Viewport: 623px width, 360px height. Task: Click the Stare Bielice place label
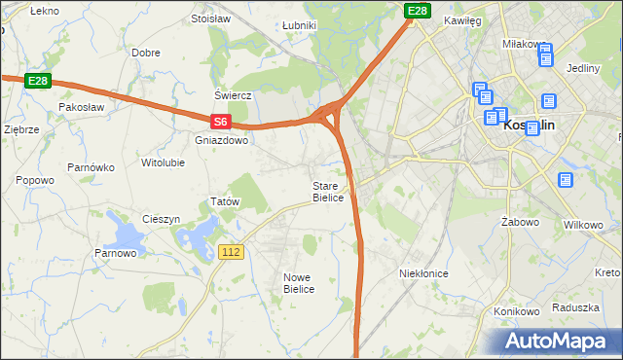click(x=328, y=192)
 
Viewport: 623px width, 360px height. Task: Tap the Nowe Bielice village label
click(x=299, y=283)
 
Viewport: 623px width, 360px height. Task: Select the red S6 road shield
click(x=221, y=122)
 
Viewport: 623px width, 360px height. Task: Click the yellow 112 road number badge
click(x=231, y=252)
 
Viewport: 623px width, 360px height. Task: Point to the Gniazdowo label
click(x=222, y=140)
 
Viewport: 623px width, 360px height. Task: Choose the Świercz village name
click(x=234, y=95)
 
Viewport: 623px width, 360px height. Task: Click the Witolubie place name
click(x=163, y=162)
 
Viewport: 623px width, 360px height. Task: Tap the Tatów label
click(x=225, y=202)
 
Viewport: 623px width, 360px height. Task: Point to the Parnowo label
click(x=115, y=254)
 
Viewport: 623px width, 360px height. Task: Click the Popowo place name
click(x=35, y=180)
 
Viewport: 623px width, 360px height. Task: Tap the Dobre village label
click(x=145, y=53)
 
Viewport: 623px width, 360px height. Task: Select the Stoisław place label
click(x=210, y=18)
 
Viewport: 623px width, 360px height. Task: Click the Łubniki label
click(x=298, y=25)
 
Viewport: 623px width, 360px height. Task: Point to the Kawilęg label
click(x=462, y=19)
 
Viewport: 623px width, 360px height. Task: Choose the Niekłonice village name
click(x=423, y=273)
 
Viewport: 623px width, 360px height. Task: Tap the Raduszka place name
click(x=574, y=306)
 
